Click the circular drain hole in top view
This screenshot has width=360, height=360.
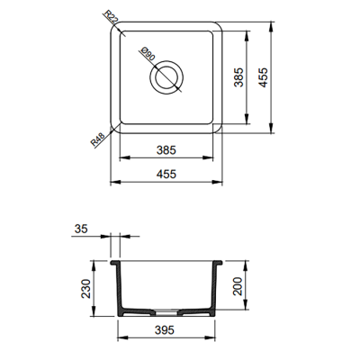click(x=166, y=80)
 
